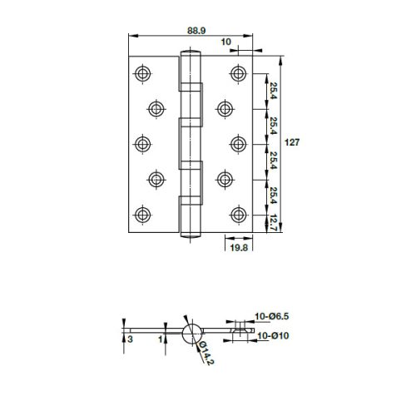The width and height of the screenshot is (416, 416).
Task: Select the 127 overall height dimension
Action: point(292,142)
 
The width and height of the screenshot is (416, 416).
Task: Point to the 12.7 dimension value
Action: point(273,223)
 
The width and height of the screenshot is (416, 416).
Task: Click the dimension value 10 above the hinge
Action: point(226,42)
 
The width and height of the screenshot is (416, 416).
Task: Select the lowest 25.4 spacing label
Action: point(273,197)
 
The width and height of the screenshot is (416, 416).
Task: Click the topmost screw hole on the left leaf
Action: point(141,72)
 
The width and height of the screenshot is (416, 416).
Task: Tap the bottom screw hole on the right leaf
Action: point(241,214)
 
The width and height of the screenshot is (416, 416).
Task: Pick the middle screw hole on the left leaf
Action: point(141,143)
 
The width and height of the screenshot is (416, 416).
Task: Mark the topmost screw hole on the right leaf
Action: point(241,72)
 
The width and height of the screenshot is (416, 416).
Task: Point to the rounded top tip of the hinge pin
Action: point(191,56)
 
